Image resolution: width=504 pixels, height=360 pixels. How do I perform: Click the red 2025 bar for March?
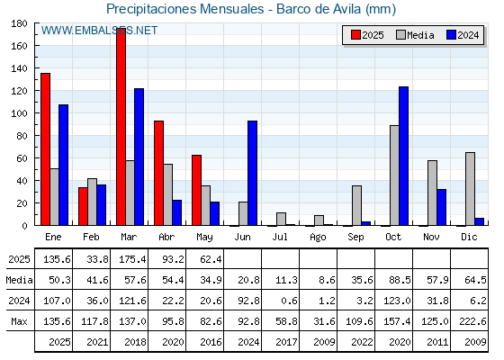(x=121, y=127)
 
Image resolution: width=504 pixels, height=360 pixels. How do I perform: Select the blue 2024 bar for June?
(x=252, y=173)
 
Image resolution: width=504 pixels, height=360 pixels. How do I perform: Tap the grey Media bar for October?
(x=394, y=175)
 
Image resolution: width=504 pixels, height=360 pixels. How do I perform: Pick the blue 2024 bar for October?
(x=404, y=156)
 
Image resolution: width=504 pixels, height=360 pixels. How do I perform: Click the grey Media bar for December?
(x=470, y=189)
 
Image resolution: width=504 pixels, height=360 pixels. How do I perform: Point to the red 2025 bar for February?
(x=83, y=206)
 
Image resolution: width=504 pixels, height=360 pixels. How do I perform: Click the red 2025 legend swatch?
(x=355, y=35)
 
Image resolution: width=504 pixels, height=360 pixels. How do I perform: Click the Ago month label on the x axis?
(x=318, y=238)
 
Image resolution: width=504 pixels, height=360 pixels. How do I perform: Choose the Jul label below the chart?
(x=280, y=237)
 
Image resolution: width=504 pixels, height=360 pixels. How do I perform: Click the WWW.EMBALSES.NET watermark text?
(x=99, y=31)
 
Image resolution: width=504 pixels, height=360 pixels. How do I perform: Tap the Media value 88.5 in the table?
(x=400, y=280)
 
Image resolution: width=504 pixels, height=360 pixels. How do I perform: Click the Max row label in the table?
(x=19, y=321)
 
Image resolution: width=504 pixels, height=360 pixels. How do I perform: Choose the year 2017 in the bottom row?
(x=286, y=342)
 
